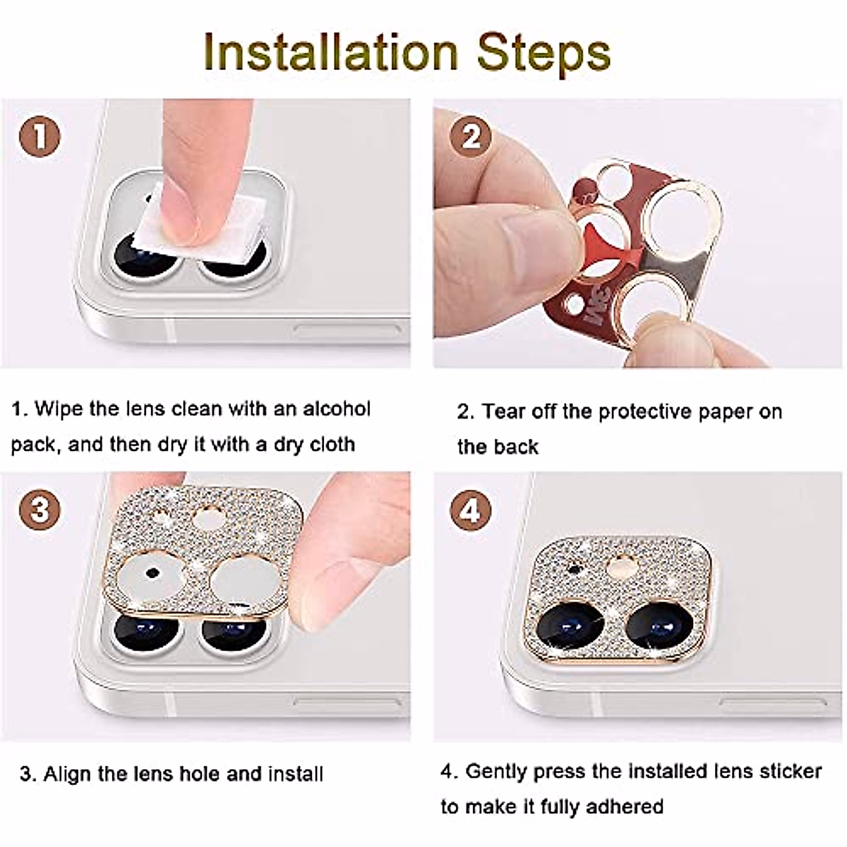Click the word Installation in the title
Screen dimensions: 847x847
click(x=330, y=52)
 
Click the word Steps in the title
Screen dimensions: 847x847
click(x=543, y=54)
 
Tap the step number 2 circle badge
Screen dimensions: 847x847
click(x=471, y=136)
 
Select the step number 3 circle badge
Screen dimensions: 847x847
click(x=40, y=510)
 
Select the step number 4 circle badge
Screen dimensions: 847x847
click(x=471, y=510)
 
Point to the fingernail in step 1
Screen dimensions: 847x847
click(x=176, y=222)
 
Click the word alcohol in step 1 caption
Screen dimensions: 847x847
click(x=337, y=409)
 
